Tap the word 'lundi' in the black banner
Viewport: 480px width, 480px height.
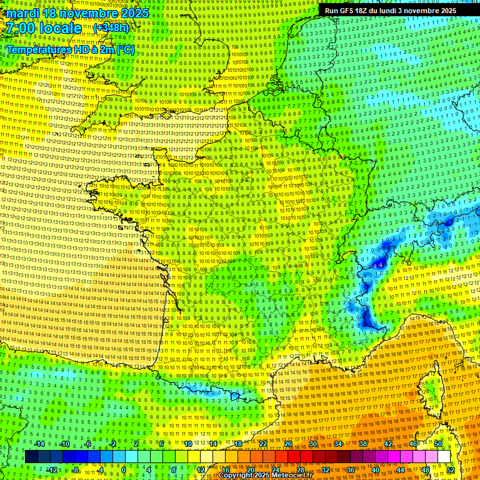point(396,11)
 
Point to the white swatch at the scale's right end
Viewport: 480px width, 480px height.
point(444,457)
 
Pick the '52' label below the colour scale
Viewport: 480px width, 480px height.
point(451,469)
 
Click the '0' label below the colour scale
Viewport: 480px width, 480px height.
point(124,469)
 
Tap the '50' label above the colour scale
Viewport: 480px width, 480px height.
point(438,444)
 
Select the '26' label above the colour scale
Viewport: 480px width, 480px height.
point(288,444)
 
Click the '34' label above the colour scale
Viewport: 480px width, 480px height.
point(338,444)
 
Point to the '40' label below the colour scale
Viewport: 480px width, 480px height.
point(376,469)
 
